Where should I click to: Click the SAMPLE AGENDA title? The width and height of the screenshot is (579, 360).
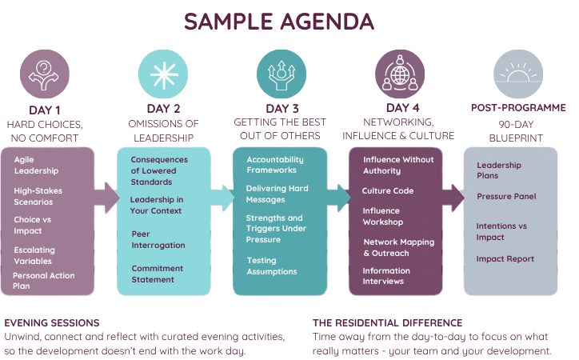coord(279,22)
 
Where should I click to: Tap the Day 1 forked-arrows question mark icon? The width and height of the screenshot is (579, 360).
coord(44,74)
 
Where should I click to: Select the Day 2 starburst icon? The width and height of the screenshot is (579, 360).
coord(163,74)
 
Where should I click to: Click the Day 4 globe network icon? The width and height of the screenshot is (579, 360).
coord(400,74)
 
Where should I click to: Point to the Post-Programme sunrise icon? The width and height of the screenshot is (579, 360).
coord(518,74)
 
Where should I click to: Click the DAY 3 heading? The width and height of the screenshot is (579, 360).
coord(282,109)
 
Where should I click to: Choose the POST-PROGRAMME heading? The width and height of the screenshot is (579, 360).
coord(518,108)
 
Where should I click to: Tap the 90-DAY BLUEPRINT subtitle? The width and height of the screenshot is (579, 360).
coord(516,131)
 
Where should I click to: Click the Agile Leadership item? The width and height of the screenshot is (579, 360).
coord(36,165)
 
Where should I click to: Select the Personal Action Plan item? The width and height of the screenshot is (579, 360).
coord(43,281)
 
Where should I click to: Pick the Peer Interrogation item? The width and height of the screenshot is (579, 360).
coord(158,240)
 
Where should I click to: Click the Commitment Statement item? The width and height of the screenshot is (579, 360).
coord(158,274)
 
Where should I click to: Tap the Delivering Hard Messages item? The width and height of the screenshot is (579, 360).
coord(277,194)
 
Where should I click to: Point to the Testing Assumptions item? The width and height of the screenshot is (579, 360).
coord(272,266)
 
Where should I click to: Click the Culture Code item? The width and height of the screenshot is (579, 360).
coord(388,191)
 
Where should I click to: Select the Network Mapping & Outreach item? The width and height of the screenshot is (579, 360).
coord(399,247)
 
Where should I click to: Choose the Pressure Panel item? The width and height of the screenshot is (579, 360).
coord(506,197)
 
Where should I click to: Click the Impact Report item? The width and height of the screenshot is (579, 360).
coord(505,259)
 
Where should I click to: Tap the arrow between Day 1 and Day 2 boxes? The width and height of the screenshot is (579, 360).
coord(106,198)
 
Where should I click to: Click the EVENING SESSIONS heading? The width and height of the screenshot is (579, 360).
coord(52,323)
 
